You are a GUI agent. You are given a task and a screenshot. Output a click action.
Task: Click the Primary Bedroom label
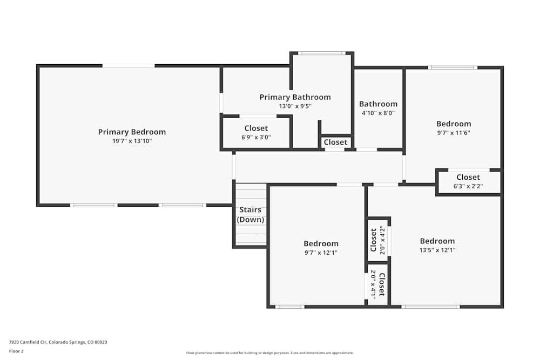tap(132, 132)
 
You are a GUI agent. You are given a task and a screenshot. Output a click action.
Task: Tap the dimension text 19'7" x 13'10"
tap(132, 141)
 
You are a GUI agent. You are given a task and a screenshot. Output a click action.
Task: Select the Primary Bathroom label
tap(295, 97)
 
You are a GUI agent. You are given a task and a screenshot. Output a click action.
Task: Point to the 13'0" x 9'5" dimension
tap(295, 106)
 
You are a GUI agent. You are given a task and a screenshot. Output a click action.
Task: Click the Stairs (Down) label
tap(251, 214)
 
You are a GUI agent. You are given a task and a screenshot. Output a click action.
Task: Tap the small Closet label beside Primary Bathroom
tap(335, 142)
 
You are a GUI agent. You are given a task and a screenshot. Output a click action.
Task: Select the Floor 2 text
tap(16, 351)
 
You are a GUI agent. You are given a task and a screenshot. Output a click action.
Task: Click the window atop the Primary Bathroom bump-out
tap(321, 53)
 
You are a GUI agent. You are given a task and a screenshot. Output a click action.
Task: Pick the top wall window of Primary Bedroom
tap(129, 66)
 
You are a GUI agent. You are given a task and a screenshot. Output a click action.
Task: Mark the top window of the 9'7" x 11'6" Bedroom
tap(453, 67)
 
